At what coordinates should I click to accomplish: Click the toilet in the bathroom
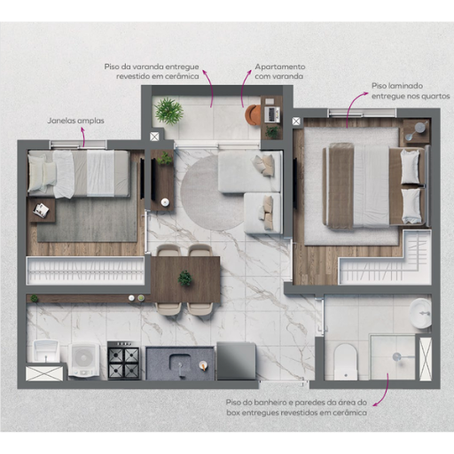[x=346, y=362]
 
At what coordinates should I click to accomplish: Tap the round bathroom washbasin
[x=420, y=314]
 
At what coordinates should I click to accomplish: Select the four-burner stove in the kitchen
[x=123, y=360]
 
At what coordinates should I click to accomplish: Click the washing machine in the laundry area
[x=83, y=360]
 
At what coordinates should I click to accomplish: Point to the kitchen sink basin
[x=180, y=364]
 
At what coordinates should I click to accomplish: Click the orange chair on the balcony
[x=253, y=115]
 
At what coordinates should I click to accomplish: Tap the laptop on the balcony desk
[x=272, y=114]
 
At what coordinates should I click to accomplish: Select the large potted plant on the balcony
[x=168, y=111]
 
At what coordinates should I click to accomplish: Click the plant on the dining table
[x=185, y=278]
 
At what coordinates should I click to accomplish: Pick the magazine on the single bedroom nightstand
[x=42, y=210]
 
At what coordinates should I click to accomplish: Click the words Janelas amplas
[x=76, y=121]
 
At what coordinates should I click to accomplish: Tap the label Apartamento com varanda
[x=280, y=72]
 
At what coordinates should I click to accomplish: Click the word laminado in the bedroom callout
[x=405, y=86]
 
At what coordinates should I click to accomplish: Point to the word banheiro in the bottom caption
[x=266, y=403]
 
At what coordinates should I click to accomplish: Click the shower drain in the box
[x=396, y=357]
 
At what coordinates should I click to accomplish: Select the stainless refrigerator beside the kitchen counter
[x=236, y=361]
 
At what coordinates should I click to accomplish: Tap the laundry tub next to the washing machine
[x=46, y=351]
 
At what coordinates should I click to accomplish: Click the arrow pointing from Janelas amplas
[x=83, y=137]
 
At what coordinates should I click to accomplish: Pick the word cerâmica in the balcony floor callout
[x=184, y=76]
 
